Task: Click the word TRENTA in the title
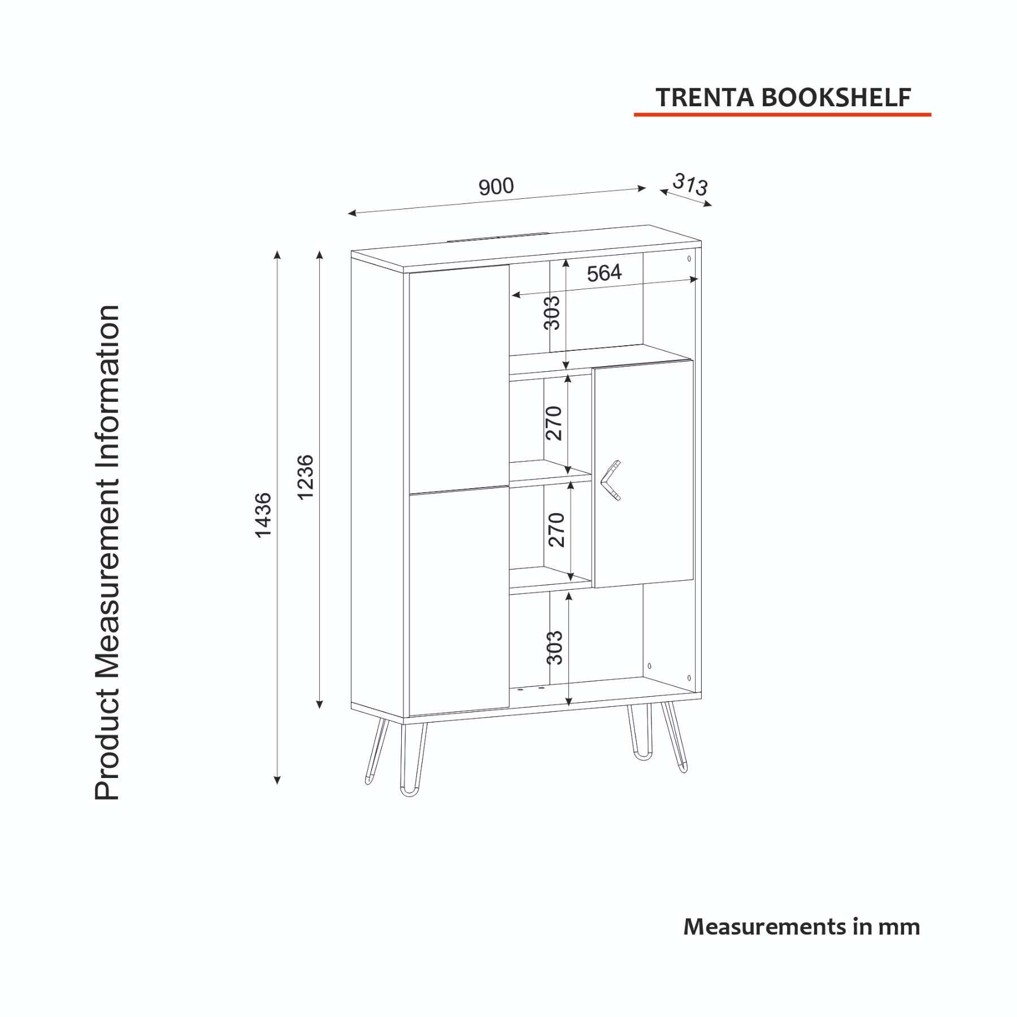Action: (705, 98)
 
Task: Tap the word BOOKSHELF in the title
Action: (836, 98)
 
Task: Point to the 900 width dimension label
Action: (496, 186)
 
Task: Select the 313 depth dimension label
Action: (690, 184)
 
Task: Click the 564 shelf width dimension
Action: (604, 273)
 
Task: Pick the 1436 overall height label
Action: (263, 515)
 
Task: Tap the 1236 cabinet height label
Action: (306, 477)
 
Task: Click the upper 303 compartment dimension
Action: (551, 312)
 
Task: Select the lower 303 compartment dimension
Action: (554, 647)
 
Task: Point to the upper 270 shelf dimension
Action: (554, 423)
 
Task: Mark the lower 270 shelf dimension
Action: (557, 530)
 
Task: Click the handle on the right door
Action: (609, 481)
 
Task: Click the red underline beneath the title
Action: (782, 114)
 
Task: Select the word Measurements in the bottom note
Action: (765, 927)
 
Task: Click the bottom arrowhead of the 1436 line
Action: (277, 781)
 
